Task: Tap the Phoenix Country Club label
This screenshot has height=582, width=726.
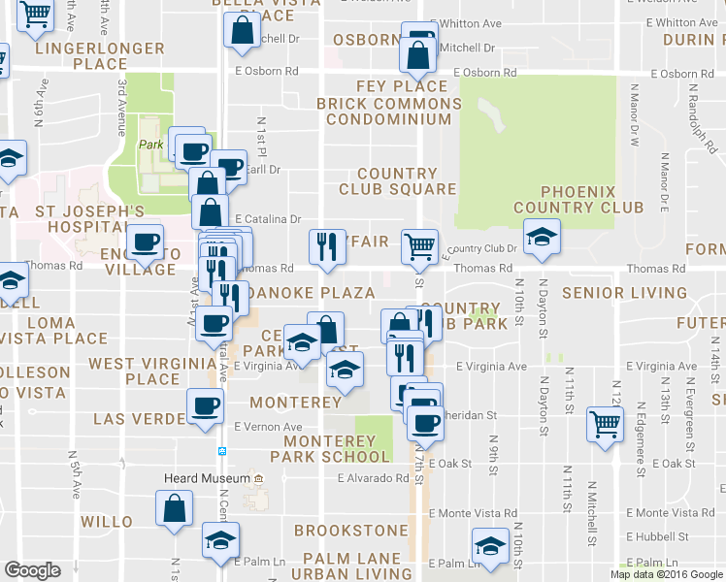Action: click(578, 200)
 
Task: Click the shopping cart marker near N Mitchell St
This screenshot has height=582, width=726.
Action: click(605, 424)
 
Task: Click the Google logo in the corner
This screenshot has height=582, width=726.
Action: click(32, 570)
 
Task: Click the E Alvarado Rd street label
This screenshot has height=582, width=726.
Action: click(374, 478)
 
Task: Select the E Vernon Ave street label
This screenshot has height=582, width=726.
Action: click(269, 427)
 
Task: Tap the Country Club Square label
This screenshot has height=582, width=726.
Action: click(397, 181)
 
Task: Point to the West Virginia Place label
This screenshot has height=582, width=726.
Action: click(134, 372)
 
